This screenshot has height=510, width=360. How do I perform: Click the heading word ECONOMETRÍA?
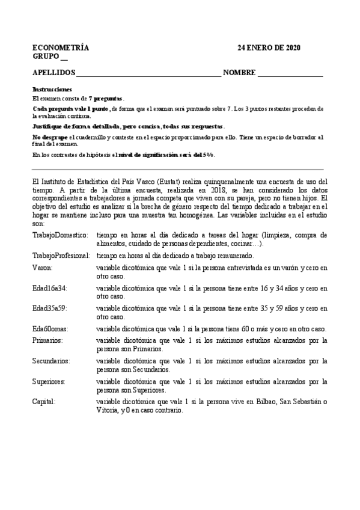61,48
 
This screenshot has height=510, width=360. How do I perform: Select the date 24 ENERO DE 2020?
269,48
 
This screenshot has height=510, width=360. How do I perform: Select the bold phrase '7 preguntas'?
106,98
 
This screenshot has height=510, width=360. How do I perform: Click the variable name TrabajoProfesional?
63,256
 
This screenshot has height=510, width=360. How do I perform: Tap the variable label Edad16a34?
49,288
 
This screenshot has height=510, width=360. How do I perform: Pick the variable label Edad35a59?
49,309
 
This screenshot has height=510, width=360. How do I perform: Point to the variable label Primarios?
48,340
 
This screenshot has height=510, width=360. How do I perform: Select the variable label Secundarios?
51,361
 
